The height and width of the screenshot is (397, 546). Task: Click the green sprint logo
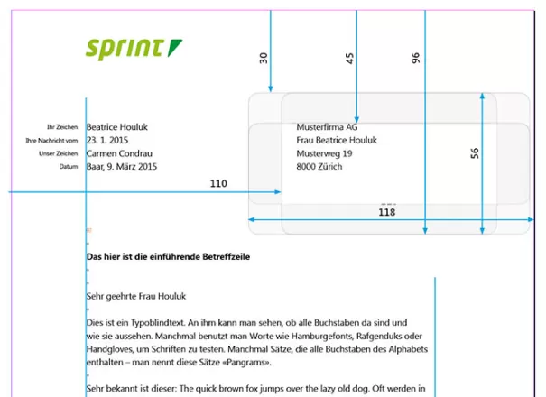coord(134,50)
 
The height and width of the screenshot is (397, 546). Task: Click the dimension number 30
coord(264,58)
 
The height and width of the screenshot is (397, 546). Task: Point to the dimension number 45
coord(349,58)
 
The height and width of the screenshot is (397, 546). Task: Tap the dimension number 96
coord(415,58)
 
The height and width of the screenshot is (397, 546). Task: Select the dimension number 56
coord(475,153)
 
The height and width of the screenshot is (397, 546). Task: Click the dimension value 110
coord(218,183)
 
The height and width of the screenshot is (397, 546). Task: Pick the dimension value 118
coord(386,212)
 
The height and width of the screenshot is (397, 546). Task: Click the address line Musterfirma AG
coord(327,126)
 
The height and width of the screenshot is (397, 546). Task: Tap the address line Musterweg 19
coord(324,153)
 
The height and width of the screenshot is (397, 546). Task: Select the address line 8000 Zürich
coord(319,166)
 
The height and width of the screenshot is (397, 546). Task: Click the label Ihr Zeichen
coord(62,127)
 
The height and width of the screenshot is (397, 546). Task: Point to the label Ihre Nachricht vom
coord(51,141)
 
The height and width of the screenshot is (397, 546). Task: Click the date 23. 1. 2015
coord(107,140)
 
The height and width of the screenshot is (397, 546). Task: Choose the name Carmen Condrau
coord(119,153)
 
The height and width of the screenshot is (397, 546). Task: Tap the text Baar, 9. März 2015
coord(122,166)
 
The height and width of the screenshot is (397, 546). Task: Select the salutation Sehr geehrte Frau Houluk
coord(136,296)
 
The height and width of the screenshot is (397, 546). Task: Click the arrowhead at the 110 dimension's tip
coord(278,192)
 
